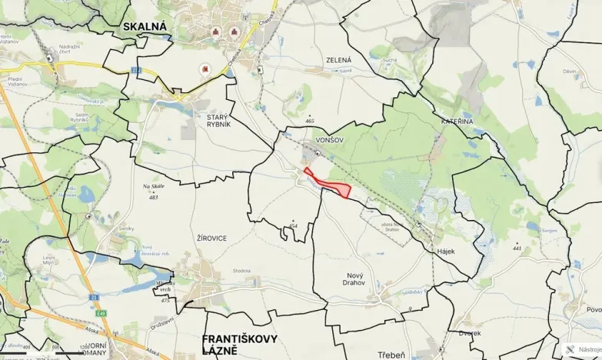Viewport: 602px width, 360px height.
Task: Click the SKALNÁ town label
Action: (x=145, y=26)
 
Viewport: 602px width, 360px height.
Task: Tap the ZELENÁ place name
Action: (x=338, y=60)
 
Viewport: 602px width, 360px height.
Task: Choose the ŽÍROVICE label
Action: (x=211, y=238)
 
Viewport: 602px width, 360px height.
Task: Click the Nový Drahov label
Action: (x=338, y=278)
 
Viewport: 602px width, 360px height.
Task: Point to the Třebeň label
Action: (x=391, y=355)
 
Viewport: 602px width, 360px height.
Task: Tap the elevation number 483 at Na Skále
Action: (x=153, y=198)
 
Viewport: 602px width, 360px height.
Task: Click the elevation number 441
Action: (x=517, y=248)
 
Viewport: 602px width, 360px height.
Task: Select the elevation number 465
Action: (x=310, y=121)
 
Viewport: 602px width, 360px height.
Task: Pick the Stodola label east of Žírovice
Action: (x=242, y=270)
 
